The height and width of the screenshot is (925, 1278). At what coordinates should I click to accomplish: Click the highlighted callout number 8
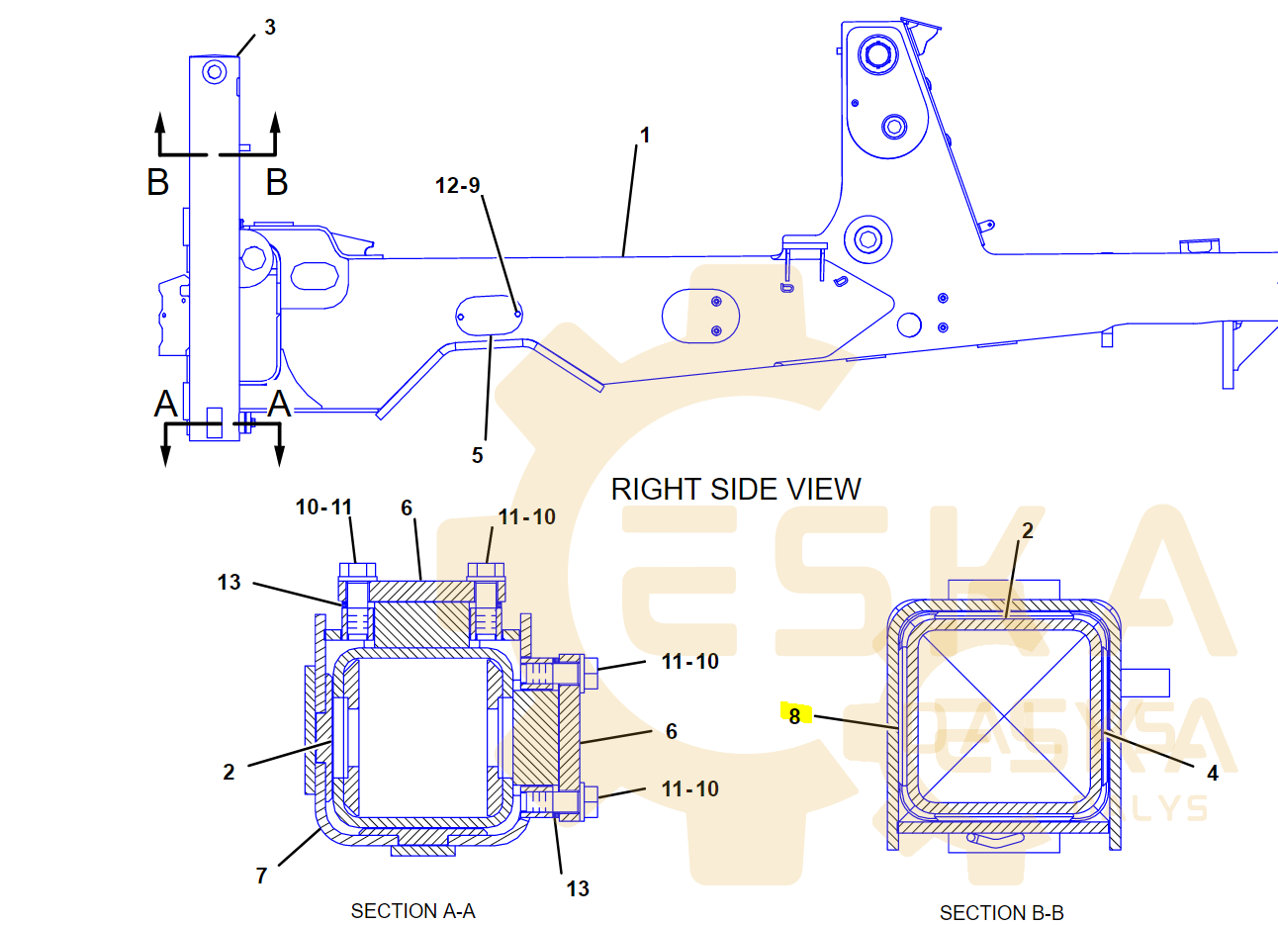pos(794,715)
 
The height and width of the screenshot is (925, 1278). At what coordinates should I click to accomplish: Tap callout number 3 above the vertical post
pos(270,27)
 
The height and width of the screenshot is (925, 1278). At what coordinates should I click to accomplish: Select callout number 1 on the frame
pos(645,136)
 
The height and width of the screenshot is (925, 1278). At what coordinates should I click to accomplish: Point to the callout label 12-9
pos(458,185)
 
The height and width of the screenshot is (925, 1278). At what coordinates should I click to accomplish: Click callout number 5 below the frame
pos(478,455)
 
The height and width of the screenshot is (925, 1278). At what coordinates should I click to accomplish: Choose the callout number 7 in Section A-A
pos(261,876)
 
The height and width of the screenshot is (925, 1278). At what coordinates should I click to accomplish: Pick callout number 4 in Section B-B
pos(1213,774)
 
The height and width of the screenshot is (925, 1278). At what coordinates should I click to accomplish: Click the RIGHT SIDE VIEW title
pos(736,489)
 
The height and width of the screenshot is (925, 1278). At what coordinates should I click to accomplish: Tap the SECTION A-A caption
pos(413,911)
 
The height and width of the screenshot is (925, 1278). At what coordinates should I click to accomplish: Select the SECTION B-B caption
pos(1002,912)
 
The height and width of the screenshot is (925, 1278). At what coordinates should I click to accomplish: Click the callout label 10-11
pos(323,507)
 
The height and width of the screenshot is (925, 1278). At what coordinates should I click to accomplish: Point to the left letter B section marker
pos(158,182)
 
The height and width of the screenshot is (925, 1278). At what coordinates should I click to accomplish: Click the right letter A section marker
pos(280,404)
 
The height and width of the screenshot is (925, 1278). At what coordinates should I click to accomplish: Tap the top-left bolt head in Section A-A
pos(358,571)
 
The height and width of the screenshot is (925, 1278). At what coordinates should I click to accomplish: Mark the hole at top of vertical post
pos(215,72)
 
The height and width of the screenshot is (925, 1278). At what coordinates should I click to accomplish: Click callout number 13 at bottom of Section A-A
pos(578,888)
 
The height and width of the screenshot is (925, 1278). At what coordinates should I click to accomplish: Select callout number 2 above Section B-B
pos(1028,530)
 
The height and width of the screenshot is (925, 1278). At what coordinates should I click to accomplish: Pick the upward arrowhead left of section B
pos(160,123)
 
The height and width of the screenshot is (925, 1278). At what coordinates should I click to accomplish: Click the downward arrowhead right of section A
pos(280,455)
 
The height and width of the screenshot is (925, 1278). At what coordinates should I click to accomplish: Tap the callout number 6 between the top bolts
pos(407,508)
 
